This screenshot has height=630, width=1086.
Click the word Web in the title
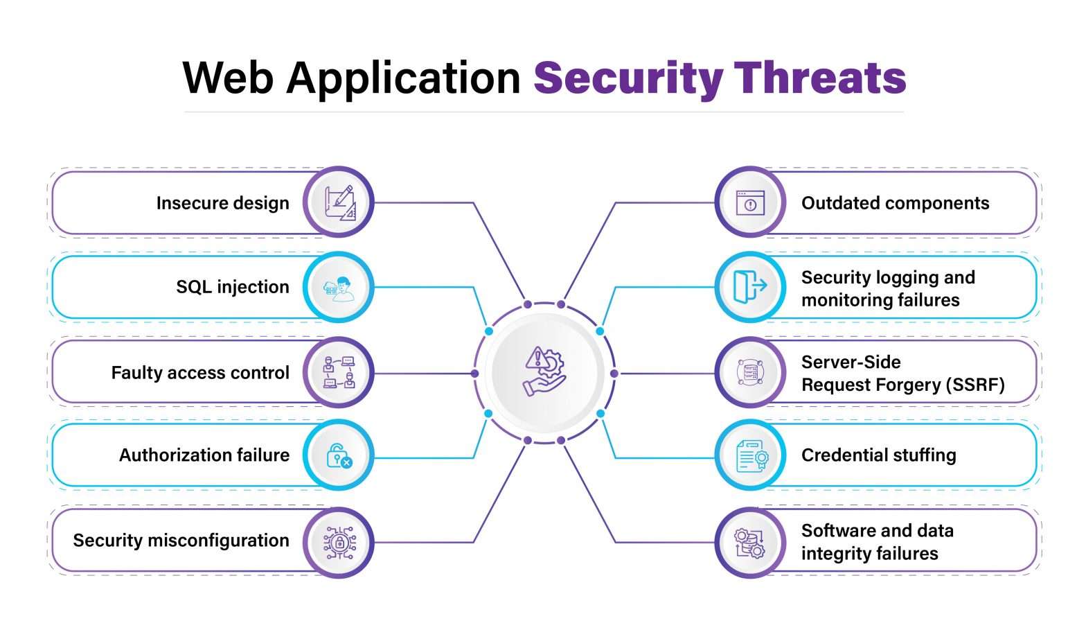(x=228, y=78)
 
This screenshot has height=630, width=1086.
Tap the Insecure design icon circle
(x=339, y=202)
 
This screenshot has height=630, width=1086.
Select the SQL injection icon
(x=339, y=287)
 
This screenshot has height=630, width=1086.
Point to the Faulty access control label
(x=200, y=373)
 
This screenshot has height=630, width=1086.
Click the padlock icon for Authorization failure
(x=339, y=455)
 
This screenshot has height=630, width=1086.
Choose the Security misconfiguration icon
(x=339, y=541)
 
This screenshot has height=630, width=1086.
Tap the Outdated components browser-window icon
(x=750, y=202)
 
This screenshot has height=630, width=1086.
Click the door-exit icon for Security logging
(x=750, y=287)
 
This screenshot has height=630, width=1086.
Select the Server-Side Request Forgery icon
(x=750, y=373)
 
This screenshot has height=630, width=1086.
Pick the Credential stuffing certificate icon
(x=750, y=455)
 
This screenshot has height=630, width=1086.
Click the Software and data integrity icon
(x=750, y=541)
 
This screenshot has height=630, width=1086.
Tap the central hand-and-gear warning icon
(x=544, y=372)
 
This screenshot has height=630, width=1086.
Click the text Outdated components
(x=895, y=203)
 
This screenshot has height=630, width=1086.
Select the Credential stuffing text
(x=878, y=455)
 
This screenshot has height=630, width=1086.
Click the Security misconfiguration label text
(x=181, y=541)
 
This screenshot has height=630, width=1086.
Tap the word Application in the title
(x=403, y=78)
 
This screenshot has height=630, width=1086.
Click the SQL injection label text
(x=232, y=287)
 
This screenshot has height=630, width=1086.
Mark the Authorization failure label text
(x=204, y=455)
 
